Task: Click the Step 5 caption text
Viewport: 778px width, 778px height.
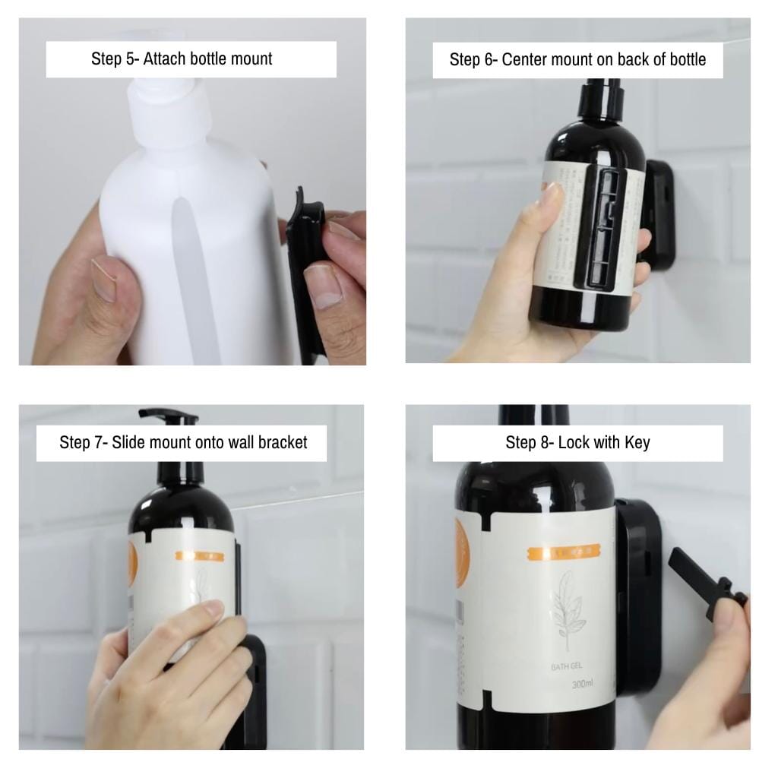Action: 182,59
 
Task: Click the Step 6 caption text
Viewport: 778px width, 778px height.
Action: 577,60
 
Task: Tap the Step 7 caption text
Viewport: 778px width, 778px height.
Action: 183,442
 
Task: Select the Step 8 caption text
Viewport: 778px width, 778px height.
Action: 577,442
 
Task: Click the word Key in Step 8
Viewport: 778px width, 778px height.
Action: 637,442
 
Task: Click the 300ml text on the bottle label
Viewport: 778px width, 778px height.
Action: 582,685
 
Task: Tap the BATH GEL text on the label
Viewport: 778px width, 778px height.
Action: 566,666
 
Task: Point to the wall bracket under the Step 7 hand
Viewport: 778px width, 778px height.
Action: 255,684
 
